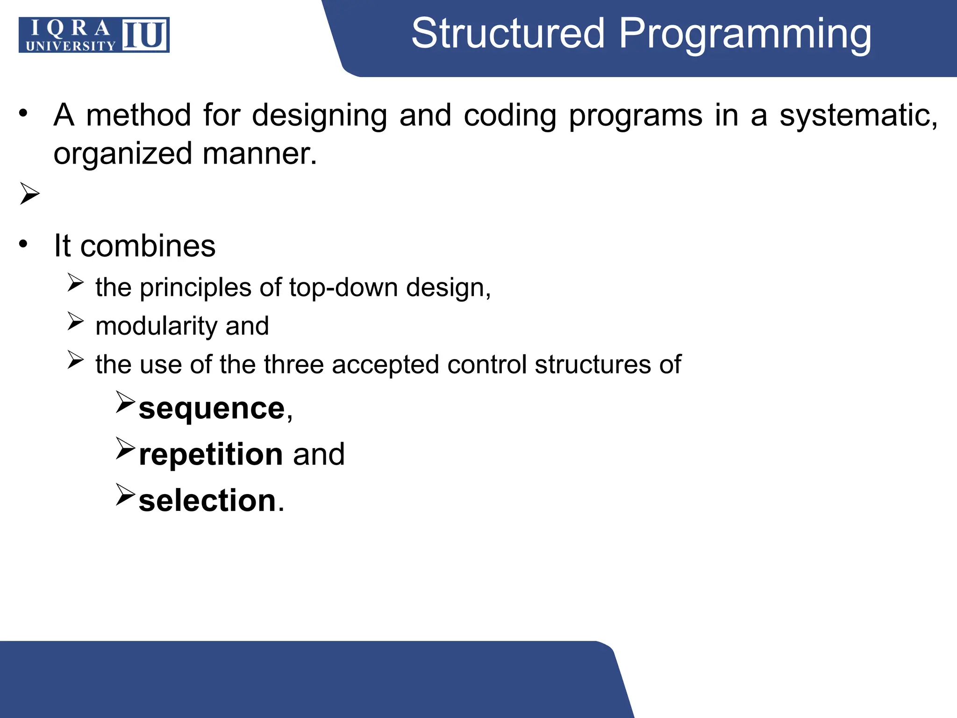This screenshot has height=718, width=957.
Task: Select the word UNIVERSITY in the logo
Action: coord(70,46)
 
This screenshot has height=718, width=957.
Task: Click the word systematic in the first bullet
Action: coord(858,115)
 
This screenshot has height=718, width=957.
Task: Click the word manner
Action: coord(260,154)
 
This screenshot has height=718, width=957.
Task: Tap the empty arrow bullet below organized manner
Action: coord(29,194)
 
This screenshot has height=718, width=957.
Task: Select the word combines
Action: coord(148,245)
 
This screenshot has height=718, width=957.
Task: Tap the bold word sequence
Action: coord(212,408)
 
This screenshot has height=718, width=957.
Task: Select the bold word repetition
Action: coord(211,454)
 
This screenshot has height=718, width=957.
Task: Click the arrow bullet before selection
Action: coord(125,495)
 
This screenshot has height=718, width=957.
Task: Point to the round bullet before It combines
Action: coord(23,244)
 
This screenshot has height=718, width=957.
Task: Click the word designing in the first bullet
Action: coord(319,115)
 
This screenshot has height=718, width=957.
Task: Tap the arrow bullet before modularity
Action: coord(75,321)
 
